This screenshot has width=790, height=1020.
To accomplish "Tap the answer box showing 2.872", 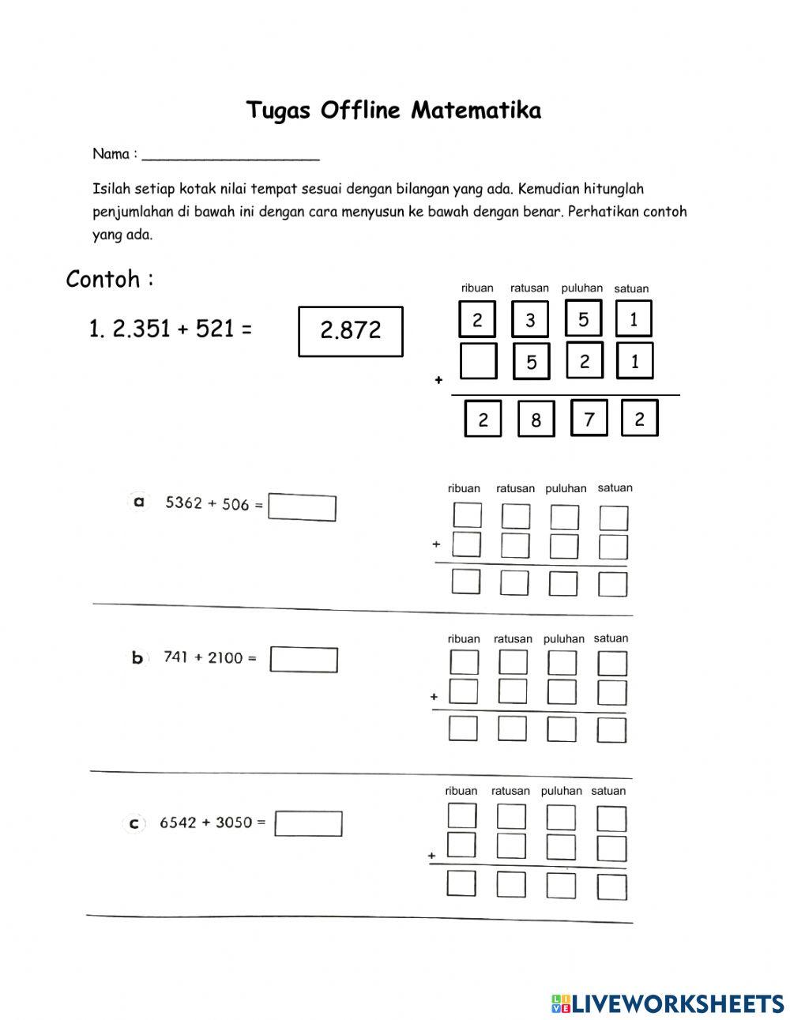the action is [351, 331].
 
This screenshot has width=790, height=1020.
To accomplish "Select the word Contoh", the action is [103, 279].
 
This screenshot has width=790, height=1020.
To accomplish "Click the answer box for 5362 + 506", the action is [302, 507].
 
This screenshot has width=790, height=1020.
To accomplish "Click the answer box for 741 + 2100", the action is [303, 660].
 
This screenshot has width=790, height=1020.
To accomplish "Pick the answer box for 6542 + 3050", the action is [308, 823].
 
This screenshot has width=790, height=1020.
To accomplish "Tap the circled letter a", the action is [139, 502].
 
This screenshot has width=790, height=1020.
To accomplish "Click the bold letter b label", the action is [137, 657].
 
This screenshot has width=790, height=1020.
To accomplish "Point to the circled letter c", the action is [134, 823].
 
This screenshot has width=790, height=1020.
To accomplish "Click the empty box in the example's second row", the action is [478, 361].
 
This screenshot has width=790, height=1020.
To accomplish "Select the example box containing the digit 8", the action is [536, 419].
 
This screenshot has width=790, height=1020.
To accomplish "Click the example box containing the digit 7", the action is [589, 418].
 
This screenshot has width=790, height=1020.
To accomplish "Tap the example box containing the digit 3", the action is [530, 319].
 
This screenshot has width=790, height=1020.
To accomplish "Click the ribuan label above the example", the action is [477, 288].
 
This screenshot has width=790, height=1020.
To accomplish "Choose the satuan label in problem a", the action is [615, 487].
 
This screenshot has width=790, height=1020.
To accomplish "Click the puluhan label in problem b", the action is [563, 638].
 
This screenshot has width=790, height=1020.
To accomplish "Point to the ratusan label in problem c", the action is [510, 791].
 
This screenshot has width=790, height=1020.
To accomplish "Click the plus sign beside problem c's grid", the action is [431, 855].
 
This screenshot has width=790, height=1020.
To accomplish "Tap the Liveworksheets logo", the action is [668, 1003].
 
